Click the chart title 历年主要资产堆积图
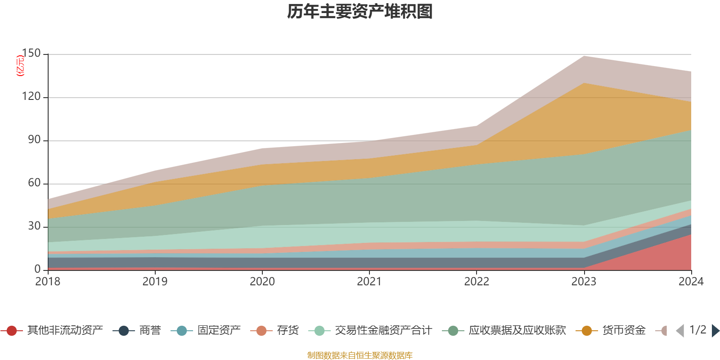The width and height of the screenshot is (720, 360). click(x=360, y=12)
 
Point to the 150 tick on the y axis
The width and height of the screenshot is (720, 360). click(x=31, y=54)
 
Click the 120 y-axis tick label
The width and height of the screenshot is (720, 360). click(x=31, y=97)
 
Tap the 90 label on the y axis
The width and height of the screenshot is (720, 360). click(x=34, y=140)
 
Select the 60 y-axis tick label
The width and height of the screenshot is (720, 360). click(x=34, y=183)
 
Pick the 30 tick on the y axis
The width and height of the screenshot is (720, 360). click(x=34, y=226)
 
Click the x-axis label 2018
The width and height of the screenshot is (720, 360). click(x=48, y=282)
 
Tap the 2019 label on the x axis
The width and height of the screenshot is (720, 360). click(x=155, y=282)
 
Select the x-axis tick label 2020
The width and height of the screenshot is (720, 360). click(x=262, y=282)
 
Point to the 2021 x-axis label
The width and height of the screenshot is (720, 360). click(x=369, y=282)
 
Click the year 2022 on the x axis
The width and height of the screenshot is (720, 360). click(x=477, y=282)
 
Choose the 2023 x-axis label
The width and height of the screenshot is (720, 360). click(x=584, y=282)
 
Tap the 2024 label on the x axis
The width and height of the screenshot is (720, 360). click(x=691, y=282)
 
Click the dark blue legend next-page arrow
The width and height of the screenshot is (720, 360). click(x=715, y=331)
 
